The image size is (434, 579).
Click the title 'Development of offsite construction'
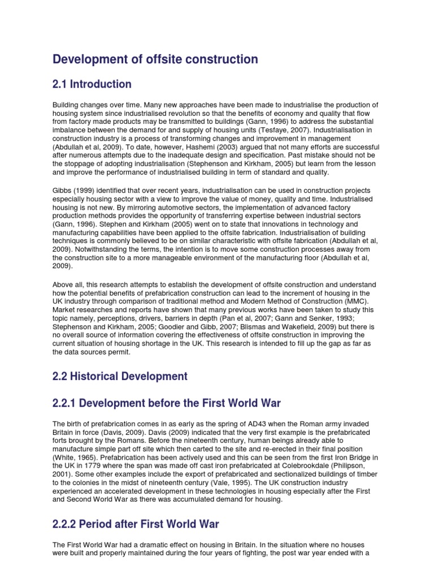(155, 59)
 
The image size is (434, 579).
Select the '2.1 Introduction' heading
(92, 84)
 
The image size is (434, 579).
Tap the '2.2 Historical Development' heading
(120, 376)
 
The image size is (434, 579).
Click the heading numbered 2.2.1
(167, 403)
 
